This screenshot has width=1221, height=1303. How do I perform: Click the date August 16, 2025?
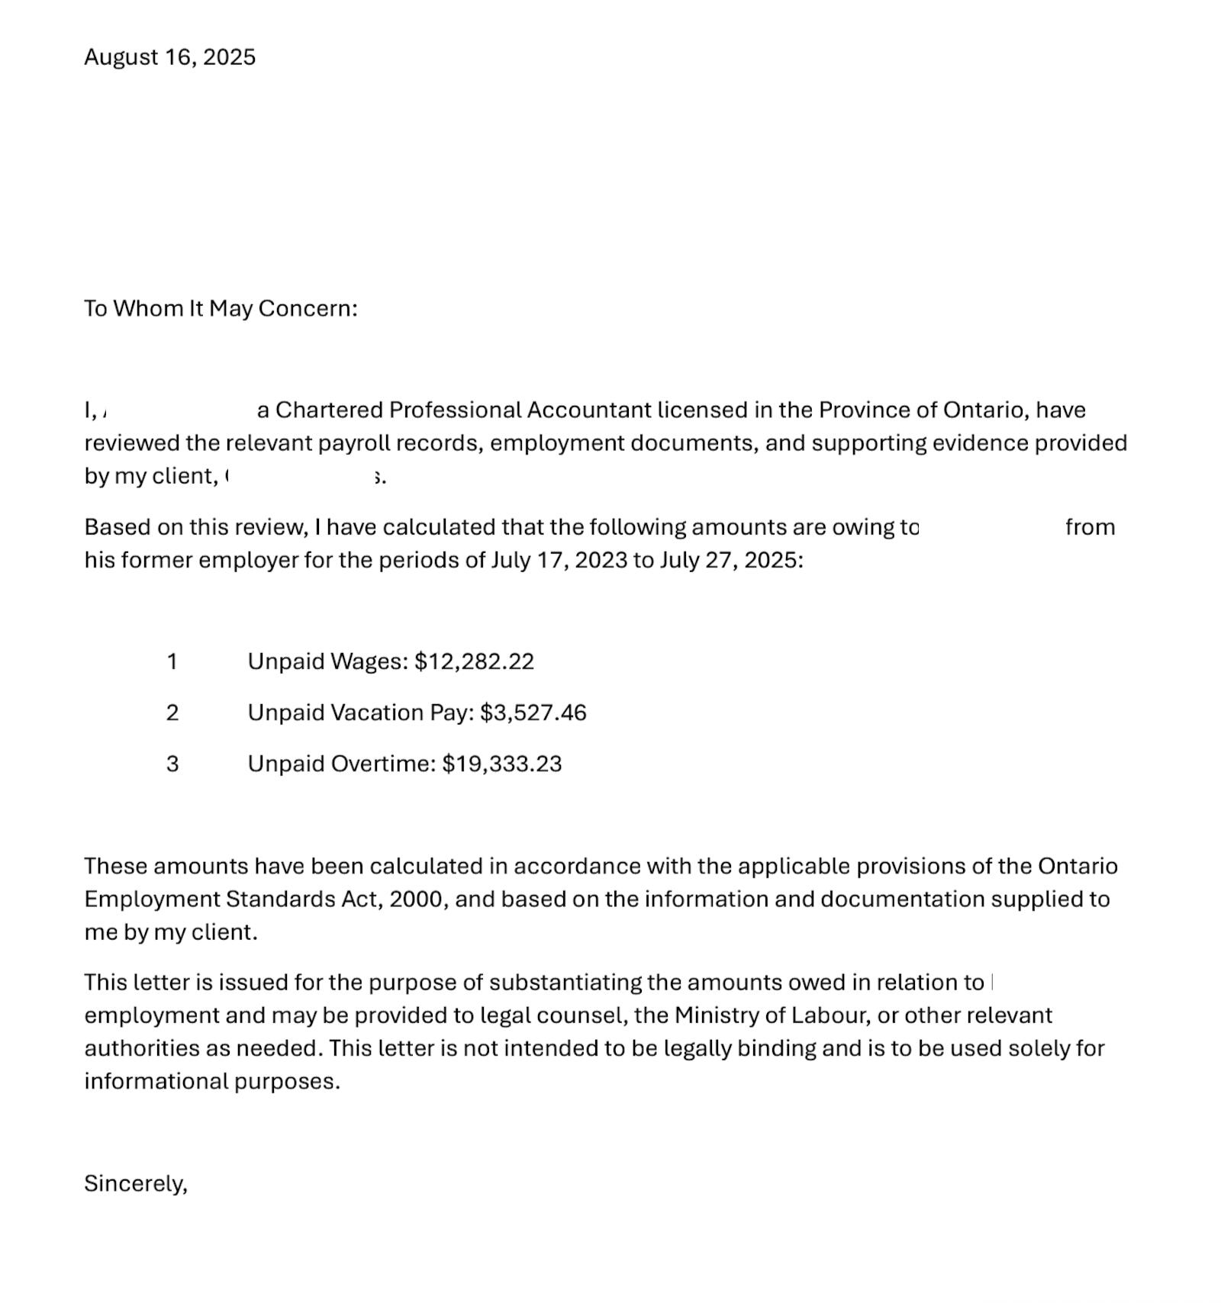coord(169,57)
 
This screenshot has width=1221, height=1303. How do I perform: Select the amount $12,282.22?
coord(474,661)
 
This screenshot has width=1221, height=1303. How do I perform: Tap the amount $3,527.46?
coord(533,713)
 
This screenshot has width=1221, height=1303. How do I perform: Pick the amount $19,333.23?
coord(501,764)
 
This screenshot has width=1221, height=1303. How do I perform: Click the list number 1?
coord(172,661)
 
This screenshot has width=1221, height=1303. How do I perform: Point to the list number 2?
coord(172,713)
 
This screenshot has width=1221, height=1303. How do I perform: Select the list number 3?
coord(172,764)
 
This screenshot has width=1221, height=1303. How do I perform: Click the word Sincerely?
coord(134,1183)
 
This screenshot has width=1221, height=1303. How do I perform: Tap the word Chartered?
coord(329,410)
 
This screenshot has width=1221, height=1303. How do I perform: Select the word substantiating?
coord(565,983)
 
